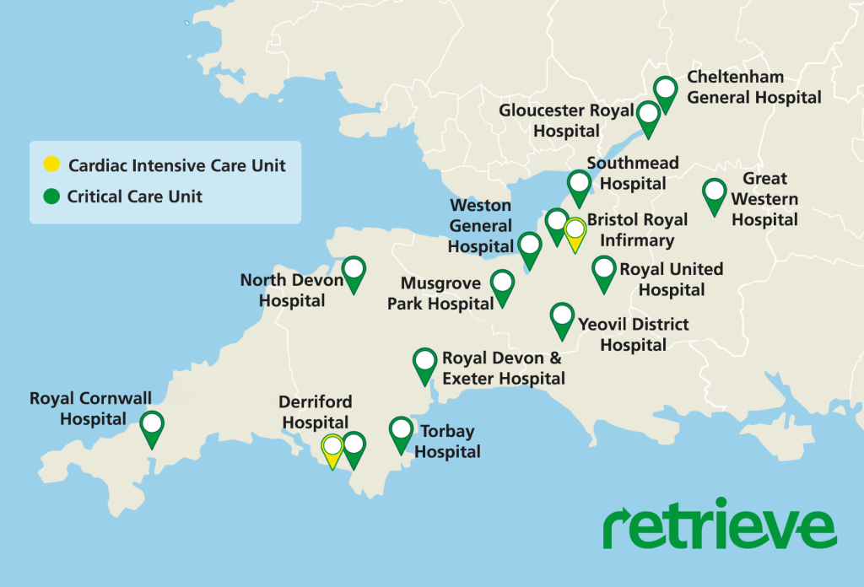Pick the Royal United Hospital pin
click(x=604, y=272)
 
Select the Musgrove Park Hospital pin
click(x=502, y=285)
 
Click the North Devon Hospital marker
click(x=354, y=272)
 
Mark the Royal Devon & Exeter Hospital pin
click(x=424, y=364)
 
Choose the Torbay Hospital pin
click(x=401, y=432)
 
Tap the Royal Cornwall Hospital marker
click(x=152, y=427)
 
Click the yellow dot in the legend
click(x=51, y=165)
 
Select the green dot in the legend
click(x=51, y=197)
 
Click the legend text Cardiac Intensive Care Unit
click(x=176, y=165)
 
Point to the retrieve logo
click(x=719, y=527)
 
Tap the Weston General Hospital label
click(x=480, y=226)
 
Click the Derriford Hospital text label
click(x=316, y=412)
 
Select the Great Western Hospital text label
click(x=764, y=199)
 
